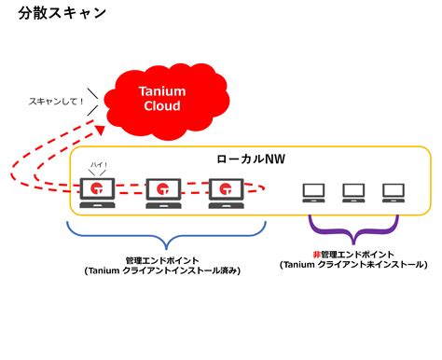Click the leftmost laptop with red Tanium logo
[97, 192]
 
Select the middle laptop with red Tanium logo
[161, 192]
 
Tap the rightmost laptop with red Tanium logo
[225, 192]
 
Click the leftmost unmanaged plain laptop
[313, 193]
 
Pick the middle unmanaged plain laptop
[352, 193]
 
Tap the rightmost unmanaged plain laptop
[392, 193]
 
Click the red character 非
[316, 254]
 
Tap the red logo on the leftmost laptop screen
[97, 188]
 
